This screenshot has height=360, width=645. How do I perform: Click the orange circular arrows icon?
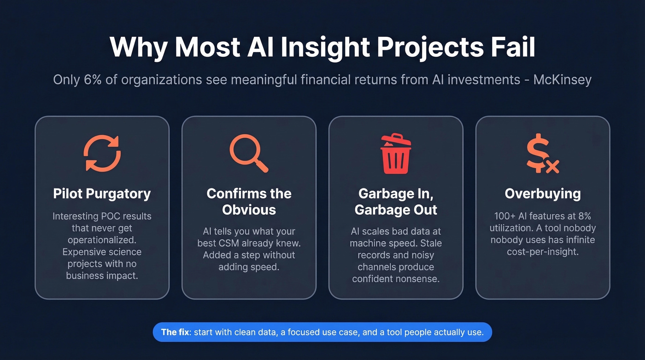pyautogui.click(x=102, y=153)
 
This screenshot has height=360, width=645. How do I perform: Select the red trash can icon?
pyautogui.click(x=395, y=153)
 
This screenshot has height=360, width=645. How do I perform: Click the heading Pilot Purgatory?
pyautogui.click(x=102, y=194)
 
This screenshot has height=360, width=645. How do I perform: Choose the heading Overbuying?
pyautogui.click(x=543, y=194)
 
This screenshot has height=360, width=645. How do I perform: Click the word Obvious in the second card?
pyautogui.click(x=249, y=210)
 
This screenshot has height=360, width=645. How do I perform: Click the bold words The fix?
pyautogui.click(x=175, y=332)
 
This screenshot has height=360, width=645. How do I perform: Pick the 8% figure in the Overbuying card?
pyautogui.click(x=583, y=216)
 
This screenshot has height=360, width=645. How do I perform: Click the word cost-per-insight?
pyautogui.click(x=543, y=252)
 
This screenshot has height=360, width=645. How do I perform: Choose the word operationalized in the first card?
pyautogui.click(x=102, y=240)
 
